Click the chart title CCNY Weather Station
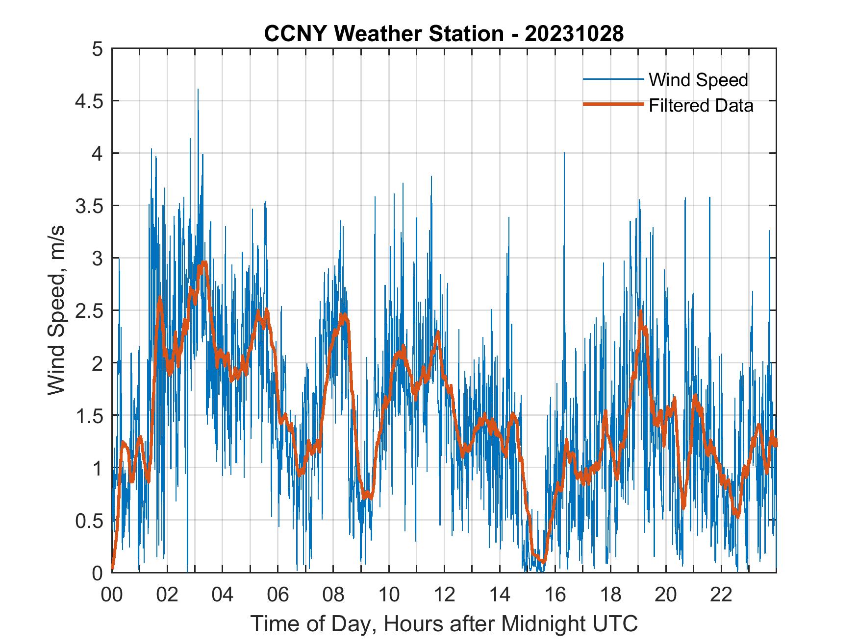click(x=444, y=34)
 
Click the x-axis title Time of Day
click(x=444, y=623)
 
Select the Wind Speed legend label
click(x=698, y=80)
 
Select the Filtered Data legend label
click(x=701, y=105)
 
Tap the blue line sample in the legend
click(x=613, y=79)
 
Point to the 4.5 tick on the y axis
click(x=91, y=101)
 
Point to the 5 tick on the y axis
click(x=98, y=49)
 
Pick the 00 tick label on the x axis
click(x=112, y=595)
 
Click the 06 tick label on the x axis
click(x=278, y=595)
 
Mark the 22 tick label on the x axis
click(x=721, y=595)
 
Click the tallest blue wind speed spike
click(x=198, y=90)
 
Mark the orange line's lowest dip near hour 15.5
click(x=542, y=561)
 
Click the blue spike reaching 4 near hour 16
click(x=564, y=153)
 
